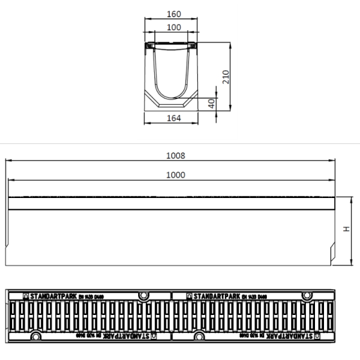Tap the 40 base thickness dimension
pos(212,103)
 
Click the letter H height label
pos(346,230)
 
